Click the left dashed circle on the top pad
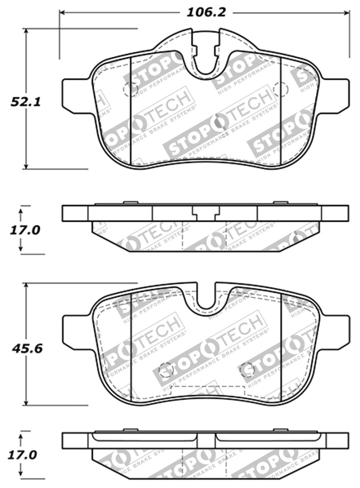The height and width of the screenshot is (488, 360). tap(129, 89)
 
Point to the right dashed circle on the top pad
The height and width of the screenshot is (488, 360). tap(281, 89)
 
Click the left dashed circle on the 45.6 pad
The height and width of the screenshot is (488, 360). tap(165, 370)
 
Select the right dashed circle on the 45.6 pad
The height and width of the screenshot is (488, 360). tap(247, 370)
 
